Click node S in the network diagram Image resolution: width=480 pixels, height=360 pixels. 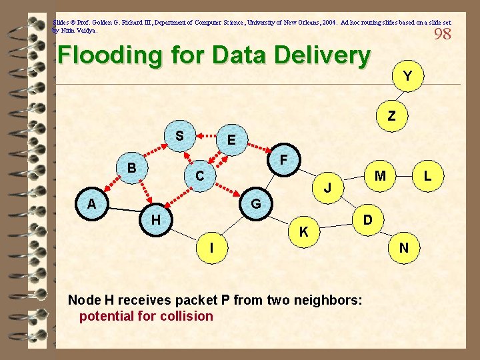pyautogui.click(x=179, y=135)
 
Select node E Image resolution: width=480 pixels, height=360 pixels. pyautogui.click(x=231, y=140)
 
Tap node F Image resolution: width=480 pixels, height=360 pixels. pyautogui.click(x=283, y=161)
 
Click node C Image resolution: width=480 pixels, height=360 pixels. pyautogui.click(x=199, y=177)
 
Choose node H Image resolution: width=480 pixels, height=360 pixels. pyautogui.click(x=155, y=219)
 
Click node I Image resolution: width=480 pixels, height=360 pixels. pyautogui.click(x=211, y=248)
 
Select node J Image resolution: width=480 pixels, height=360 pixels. pyautogui.click(x=328, y=189)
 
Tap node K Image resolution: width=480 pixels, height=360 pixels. pyautogui.click(x=303, y=232)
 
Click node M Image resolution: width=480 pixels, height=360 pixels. pyautogui.click(x=380, y=176)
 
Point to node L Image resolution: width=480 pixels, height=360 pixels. pyautogui.click(x=427, y=176)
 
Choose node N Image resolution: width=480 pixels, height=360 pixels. pyautogui.click(x=404, y=249)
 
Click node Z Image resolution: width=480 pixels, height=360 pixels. pyautogui.click(x=392, y=116)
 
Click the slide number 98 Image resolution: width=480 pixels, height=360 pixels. pyautogui.click(x=442, y=34)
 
